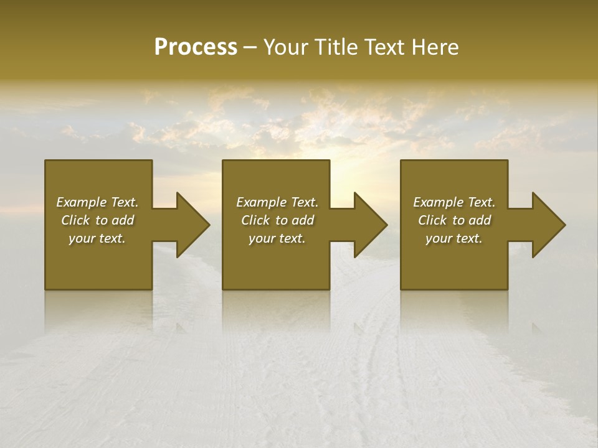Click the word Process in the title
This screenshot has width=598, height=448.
point(196,47)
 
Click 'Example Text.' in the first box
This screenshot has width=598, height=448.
point(97,202)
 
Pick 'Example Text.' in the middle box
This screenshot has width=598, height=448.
point(277,202)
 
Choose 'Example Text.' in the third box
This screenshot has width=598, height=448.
point(454,202)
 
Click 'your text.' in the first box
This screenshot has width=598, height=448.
point(97,238)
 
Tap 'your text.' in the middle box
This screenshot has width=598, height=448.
point(277,238)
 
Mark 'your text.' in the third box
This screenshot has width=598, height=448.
point(454,238)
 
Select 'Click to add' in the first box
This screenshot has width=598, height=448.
point(97,220)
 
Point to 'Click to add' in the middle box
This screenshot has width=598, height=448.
point(277,220)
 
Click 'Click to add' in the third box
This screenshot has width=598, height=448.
point(454,220)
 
